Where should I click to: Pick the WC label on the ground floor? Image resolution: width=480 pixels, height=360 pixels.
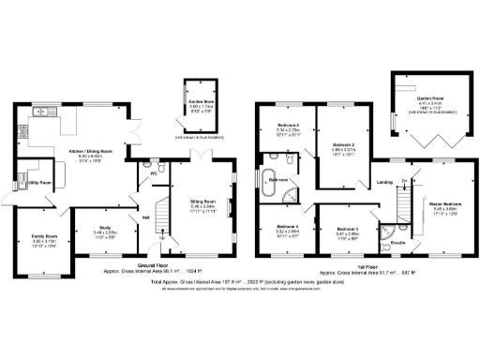(152, 173)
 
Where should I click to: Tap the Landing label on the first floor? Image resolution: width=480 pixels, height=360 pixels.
(384, 183)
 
